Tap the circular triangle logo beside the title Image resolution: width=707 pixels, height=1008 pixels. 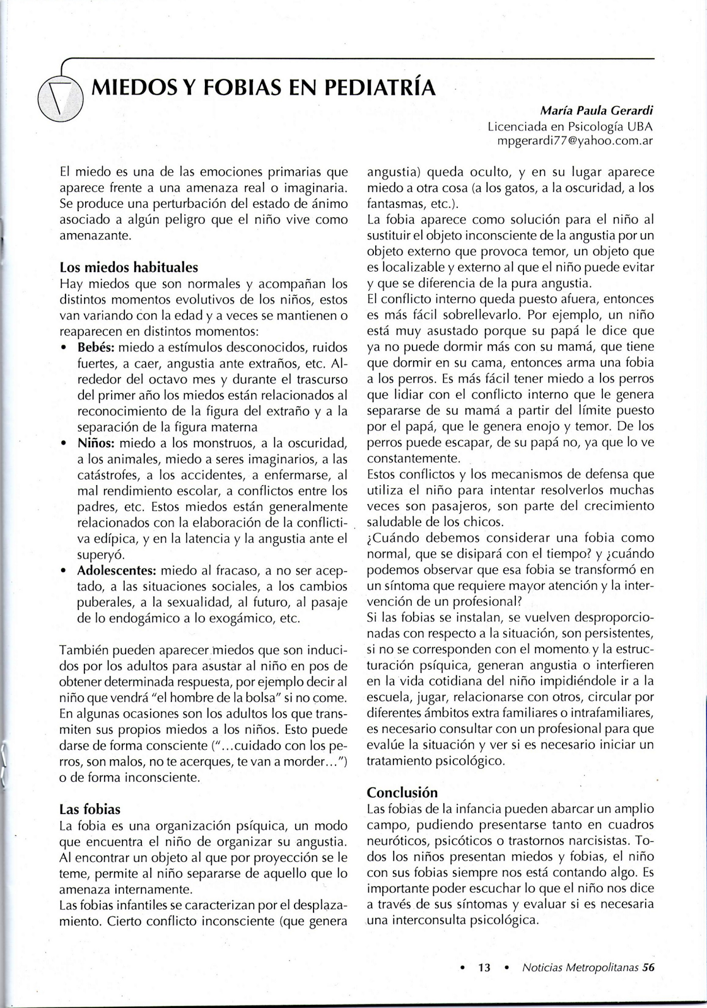pos(61,100)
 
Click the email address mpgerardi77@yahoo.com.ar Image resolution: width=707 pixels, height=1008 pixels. pos(575,141)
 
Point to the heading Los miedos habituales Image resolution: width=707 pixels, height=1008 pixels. pos(129,266)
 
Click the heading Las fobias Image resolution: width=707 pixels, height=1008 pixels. pos(90,809)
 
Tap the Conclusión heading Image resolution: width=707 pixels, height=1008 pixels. pos(402,792)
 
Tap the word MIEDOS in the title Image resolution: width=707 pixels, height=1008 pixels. pos(127,86)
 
